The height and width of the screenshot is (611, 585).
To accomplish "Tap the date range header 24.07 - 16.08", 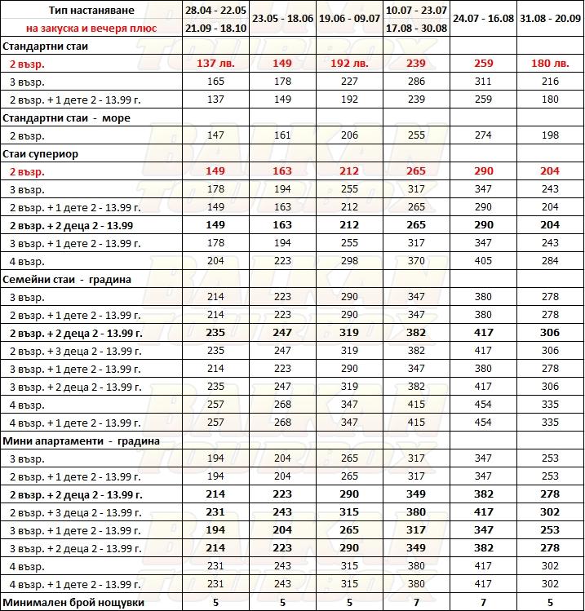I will click(x=483, y=18).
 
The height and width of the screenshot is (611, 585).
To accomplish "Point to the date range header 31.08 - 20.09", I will click(x=550, y=18).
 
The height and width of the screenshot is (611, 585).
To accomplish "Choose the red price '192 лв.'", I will click(x=348, y=64).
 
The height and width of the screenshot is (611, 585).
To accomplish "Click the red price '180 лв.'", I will click(x=550, y=64).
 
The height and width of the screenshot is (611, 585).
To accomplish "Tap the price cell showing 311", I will click(x=483, y=82).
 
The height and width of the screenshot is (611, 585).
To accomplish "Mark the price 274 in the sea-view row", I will click(x=483, y=135).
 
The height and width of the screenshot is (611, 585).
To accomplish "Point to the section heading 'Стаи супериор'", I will click(x=44, y=153).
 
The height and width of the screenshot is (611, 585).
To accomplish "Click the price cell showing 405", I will click(x=483, y=261).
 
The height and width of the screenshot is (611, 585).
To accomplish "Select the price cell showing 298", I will click(x=348, y=261).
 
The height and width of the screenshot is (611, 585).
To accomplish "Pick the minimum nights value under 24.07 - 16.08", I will click(x=483, y=603).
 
